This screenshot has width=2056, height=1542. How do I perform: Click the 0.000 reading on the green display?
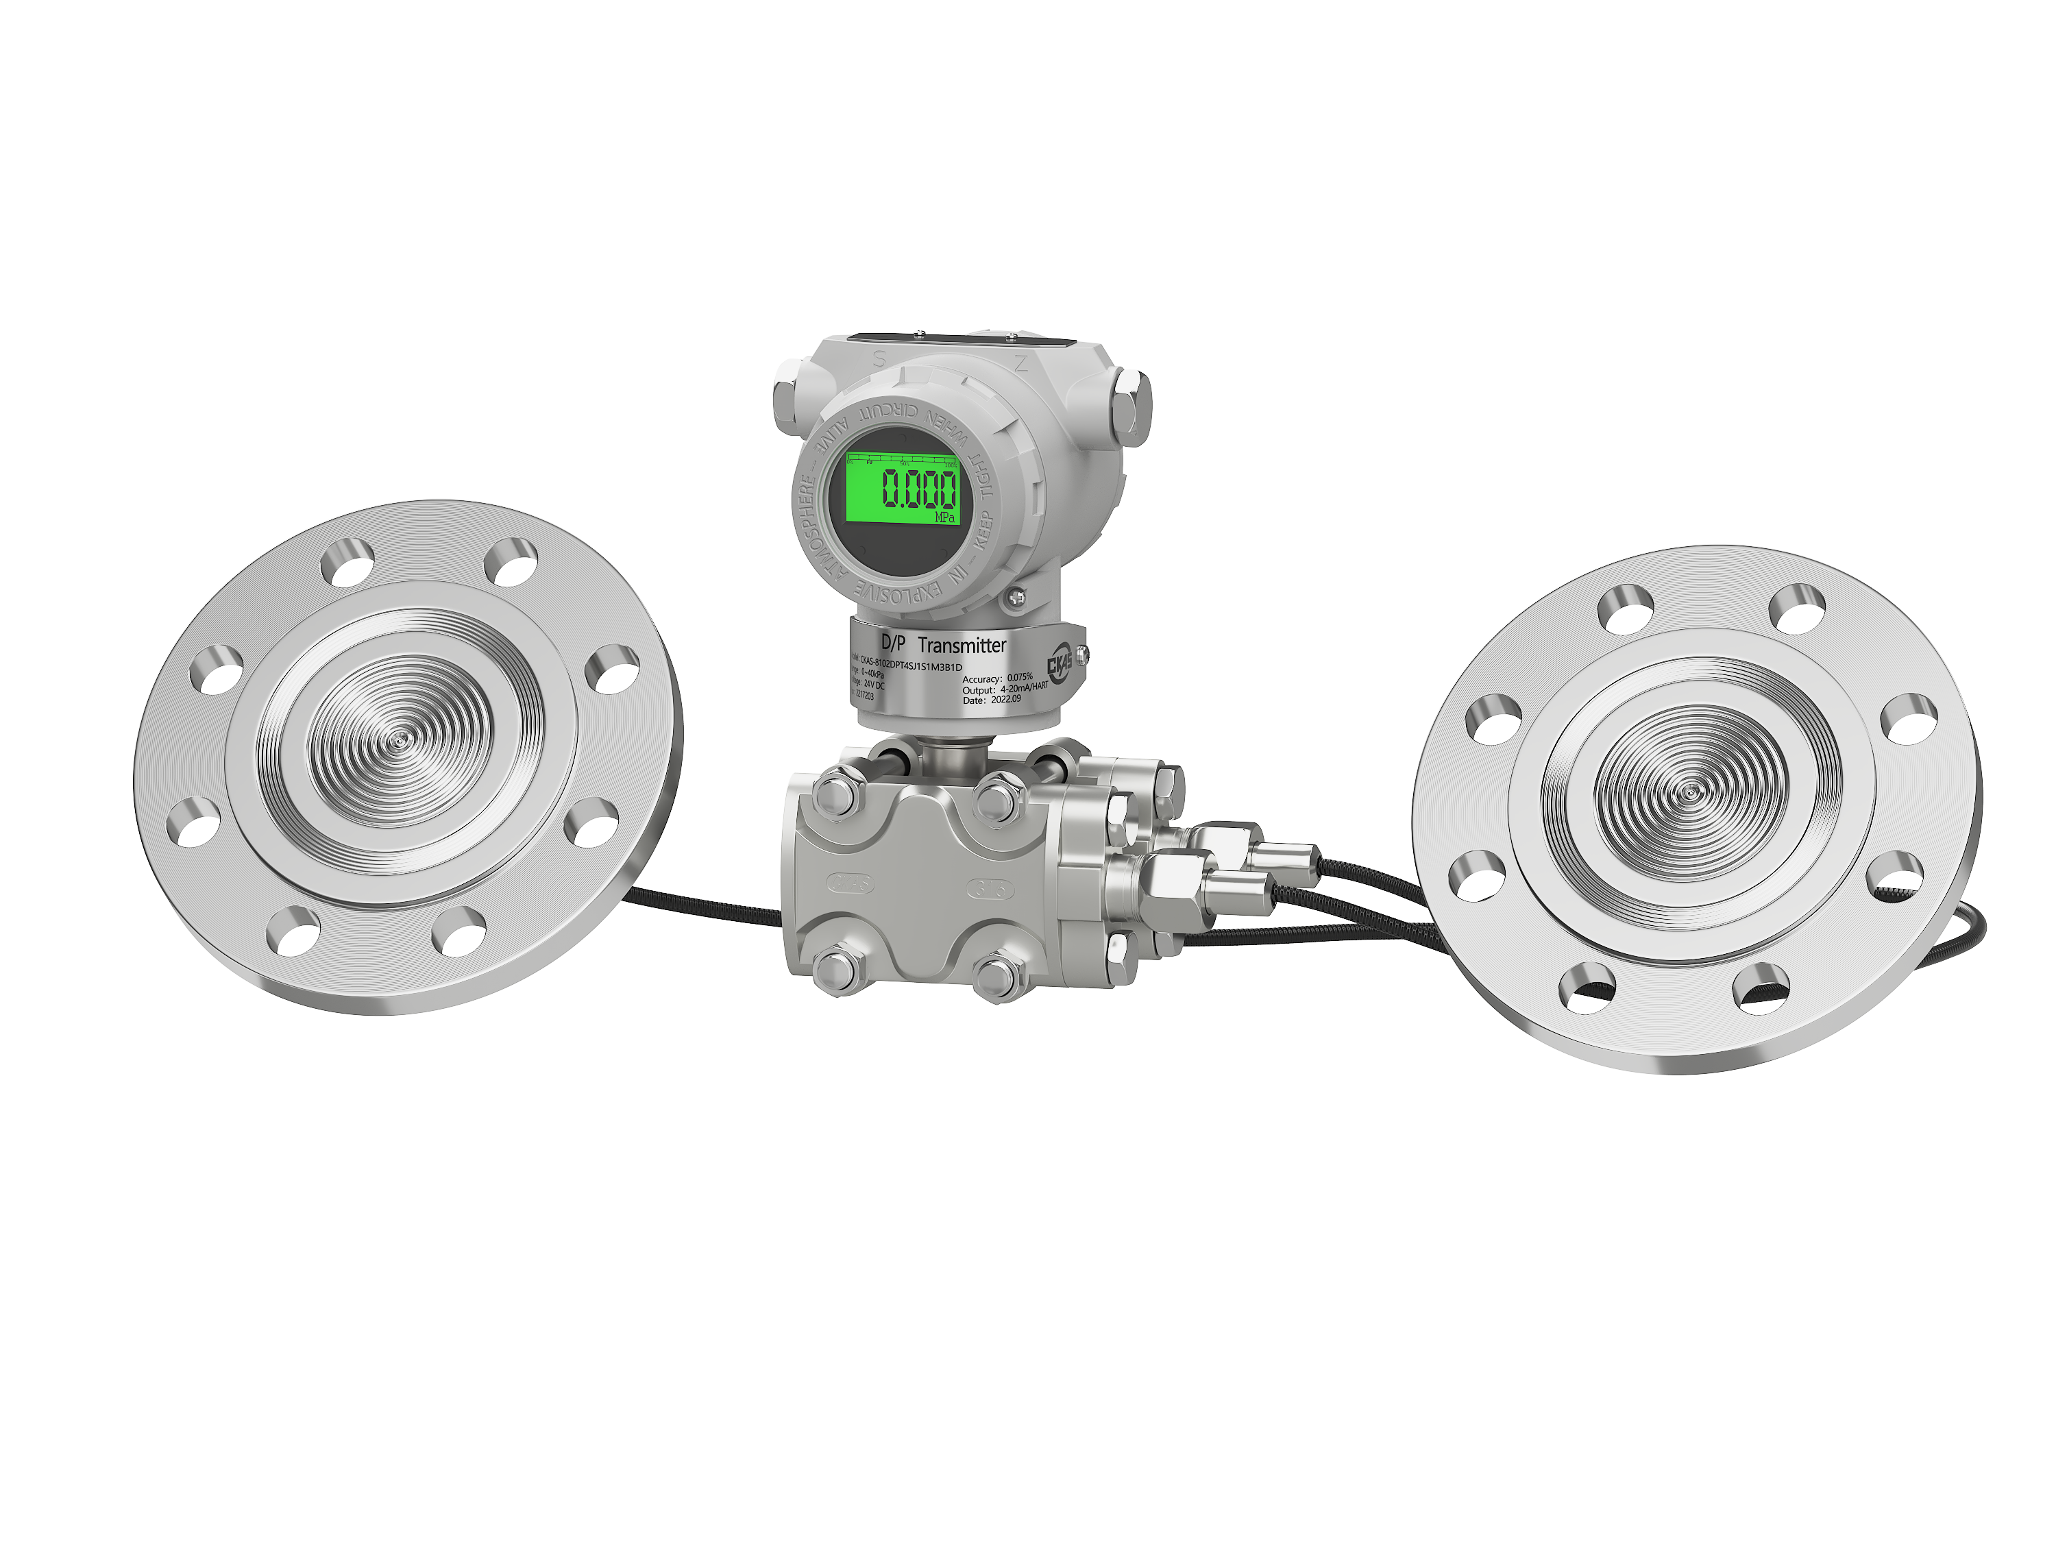click(918, 488)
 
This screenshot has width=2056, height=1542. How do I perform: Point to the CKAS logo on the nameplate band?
click(1060, 663)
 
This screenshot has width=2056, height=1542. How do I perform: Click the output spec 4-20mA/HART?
click(1023, 688)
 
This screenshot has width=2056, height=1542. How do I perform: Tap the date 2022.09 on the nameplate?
click(1005, 699)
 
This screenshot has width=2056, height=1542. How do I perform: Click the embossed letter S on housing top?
click(879, 358)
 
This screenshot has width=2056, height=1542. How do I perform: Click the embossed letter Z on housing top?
click(1020, 363)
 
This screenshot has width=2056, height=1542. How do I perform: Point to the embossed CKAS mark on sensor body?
click(851, 883)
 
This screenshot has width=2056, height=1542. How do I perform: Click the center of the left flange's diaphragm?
click(401, 739)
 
